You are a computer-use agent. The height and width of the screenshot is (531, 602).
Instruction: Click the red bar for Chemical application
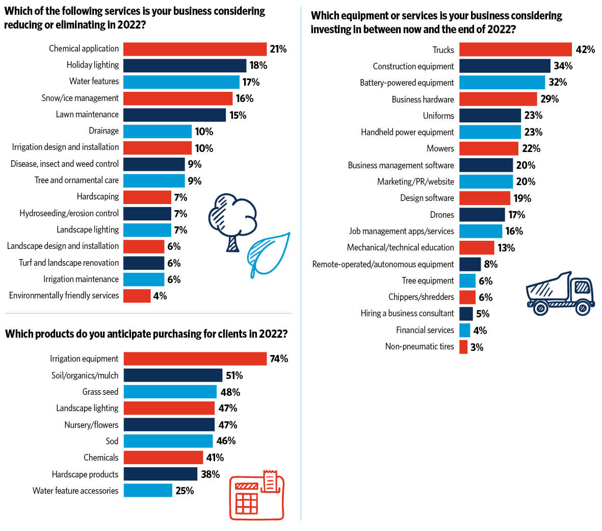(195, 49)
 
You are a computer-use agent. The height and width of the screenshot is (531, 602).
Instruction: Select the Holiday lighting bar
(185, 65)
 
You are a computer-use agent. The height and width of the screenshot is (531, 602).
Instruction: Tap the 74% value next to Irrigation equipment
(279, 359)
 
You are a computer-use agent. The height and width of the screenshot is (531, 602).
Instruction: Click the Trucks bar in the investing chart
(515, 49)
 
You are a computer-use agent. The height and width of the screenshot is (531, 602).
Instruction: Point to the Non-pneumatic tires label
(420, 346)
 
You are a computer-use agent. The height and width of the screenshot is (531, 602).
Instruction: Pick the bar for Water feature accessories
(148, 491)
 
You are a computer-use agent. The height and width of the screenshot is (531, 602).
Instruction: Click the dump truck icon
(560, 293)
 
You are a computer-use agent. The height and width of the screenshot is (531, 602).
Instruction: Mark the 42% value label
(585, 49)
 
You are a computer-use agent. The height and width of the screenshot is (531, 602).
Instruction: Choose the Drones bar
(482, 215)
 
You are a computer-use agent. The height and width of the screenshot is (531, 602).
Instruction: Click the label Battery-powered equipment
(407, 83)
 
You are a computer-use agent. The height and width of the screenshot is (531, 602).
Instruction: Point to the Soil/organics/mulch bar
(173, 375)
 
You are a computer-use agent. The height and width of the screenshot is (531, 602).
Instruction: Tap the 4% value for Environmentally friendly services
(160, 296)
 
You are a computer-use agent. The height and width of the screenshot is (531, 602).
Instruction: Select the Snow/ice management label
(80, 98)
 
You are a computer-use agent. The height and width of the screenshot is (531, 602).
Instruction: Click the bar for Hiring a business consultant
(466, 314)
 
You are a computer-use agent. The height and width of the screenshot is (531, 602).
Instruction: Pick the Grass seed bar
(170, 392)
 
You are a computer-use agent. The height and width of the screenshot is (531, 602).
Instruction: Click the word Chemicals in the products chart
(101, 458)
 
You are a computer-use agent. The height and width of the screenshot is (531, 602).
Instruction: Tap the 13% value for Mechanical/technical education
(506, 248)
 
